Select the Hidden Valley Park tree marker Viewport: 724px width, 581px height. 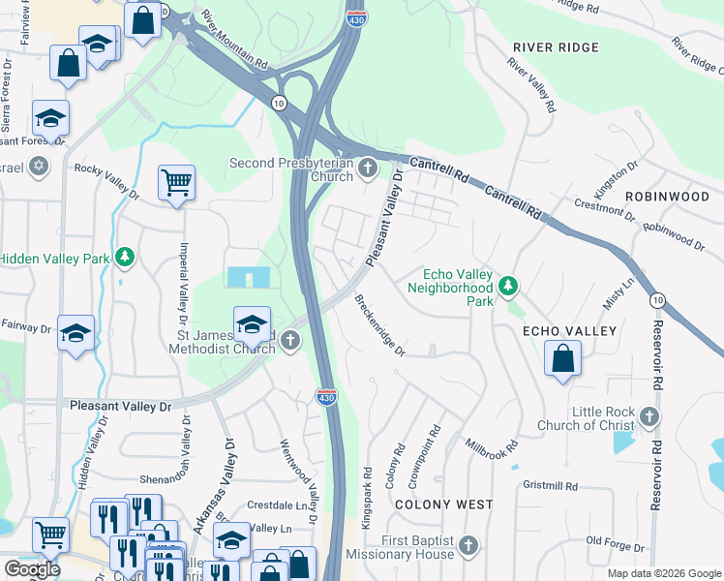pyautogui.click(x=124, y=258)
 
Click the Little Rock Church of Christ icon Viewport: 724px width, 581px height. pyautogui.click(x=649, y=417)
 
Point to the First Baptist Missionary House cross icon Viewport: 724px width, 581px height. pyautogui.click(x=468, y=546)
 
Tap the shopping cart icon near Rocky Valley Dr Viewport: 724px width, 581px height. pyautogui.click(x=176, y=181)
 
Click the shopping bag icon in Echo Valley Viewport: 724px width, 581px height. pyautogui.click(x=562, y=359)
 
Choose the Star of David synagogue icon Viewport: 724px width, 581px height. pyautogui.click(x=39, y=166)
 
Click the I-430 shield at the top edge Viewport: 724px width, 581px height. pyautogui.click(x=356, y=16)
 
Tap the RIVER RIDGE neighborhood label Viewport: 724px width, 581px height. pyautogui.click(x=556, y=47)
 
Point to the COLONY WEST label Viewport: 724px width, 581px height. pyautogui.click(x=443, y=505)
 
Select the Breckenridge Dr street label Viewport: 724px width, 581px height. pyautogui.click(x=378, y=325)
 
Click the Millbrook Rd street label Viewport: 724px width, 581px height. pyautogui.click(x=492, y=441)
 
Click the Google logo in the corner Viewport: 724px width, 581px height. pyautogui.click(x=31, y=569)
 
